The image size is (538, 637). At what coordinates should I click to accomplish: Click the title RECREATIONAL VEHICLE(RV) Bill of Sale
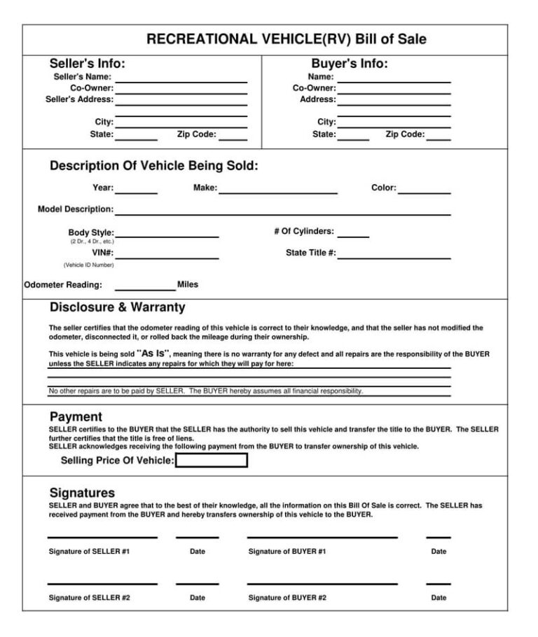tap(286, 39)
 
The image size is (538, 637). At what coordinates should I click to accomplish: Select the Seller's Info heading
tap(88, 64)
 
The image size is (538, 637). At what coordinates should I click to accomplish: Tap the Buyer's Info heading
tap(350, 64)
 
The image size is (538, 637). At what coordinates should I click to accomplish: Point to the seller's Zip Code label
tap(196, 134)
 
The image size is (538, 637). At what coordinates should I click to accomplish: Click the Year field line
tap(136, 192)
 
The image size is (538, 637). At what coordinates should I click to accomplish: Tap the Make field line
tap(278, 192)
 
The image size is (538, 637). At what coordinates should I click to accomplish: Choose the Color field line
tap(424, 192)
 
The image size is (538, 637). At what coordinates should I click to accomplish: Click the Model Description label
tap(75, 209)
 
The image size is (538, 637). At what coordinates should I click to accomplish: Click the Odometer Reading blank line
tap(145, 288)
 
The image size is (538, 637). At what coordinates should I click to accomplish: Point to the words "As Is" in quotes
tap(153, 353)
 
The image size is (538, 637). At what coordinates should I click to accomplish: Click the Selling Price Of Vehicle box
tap(211, 461)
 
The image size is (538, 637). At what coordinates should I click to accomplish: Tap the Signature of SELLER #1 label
tap(89, 552)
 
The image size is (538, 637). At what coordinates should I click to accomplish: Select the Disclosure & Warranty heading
tap(117, 307)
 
